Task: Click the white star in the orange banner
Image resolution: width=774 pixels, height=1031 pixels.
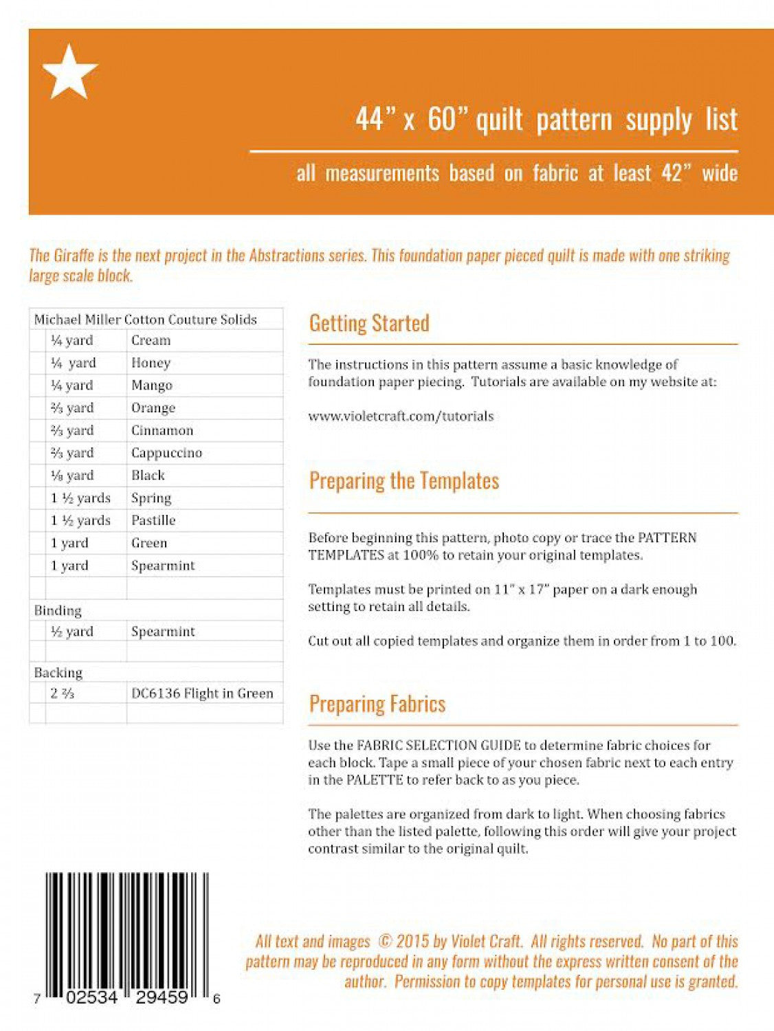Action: [69, 72]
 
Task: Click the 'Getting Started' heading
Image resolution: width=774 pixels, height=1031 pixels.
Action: [369, 323]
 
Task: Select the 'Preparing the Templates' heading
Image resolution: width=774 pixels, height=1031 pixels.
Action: [403, 480]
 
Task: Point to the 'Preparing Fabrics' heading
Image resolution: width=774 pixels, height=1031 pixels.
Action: [377, 704]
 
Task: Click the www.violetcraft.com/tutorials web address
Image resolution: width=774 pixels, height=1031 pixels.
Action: [401, 416]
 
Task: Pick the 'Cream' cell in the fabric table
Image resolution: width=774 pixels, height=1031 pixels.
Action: [151, 340]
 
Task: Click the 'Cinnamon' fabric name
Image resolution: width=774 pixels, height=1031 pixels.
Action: [162, 430]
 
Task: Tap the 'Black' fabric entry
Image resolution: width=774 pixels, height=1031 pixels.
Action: [148, 475]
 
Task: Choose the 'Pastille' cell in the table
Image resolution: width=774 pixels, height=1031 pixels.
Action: [153, 520]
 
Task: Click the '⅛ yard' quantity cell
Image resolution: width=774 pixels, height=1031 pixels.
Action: [71, 475]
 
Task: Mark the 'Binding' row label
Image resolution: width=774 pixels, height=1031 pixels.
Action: [58, 610]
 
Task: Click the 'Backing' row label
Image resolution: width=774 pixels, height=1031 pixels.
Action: [58, 672]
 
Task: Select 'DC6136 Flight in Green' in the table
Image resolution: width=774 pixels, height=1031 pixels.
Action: [202, 694]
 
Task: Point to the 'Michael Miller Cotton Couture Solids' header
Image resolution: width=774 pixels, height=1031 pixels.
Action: [145, 319]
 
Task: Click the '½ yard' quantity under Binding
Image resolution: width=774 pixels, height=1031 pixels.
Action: [71, 632]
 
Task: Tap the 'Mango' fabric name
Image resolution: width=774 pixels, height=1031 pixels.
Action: [151, 386]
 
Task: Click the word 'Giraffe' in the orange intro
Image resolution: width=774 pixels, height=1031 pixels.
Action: [74, 256]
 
